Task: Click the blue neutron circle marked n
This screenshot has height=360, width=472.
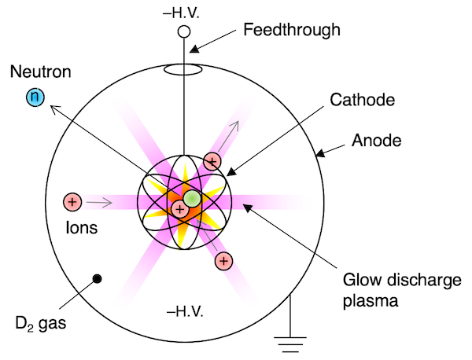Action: pyautogui.click(x=35, y=97)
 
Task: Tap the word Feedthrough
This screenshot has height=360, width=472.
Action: pyautogui.click(x=292, y=31)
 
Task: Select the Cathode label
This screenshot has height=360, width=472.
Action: pyautogui.click(x=362, y=100)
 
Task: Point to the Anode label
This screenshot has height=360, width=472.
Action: pyautogui.click(x=377, y=141)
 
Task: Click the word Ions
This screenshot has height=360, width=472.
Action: pyautogui.click(x=82, y=228)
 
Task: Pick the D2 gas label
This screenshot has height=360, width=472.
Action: pyautogui.click(x=41, y=324)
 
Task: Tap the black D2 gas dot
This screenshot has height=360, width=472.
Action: pyautogui.click(x=97, y=279)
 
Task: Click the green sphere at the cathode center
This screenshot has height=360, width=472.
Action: pyautogui.click(x=192, y=199)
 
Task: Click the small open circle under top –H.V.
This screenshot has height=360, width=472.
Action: pyautogui.click(x=184, y=31)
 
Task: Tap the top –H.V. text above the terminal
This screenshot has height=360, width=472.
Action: pyautogui.click(x=181, y=13)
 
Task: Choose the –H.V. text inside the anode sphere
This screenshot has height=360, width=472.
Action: pyautogui.click(x=185, y=311)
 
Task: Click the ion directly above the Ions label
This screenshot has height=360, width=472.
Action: pyautogui.click(x=72, y=201)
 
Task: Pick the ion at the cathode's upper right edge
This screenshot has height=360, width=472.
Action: pyautogui.click(x=212, y=161)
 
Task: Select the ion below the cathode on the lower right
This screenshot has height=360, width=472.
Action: pyautogui.click(x=223, y=261)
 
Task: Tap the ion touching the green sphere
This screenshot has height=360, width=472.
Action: pyautogui.click(x=179, y=209)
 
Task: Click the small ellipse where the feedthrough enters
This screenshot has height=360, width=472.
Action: pyautogui.click(x=183, y=69)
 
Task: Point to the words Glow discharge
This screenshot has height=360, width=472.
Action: pyautogui.click(x=402, y=281)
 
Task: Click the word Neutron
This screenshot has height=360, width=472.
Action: pyautogui.click(x=41, y=72)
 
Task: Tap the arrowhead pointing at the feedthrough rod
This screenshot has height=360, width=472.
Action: pyautogui.click(x=194, y=49)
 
